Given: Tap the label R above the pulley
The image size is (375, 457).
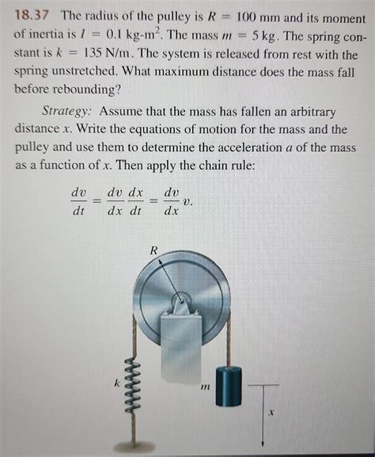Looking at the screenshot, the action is click(156, 251).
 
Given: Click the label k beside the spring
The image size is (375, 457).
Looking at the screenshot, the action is click(115, 383).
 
